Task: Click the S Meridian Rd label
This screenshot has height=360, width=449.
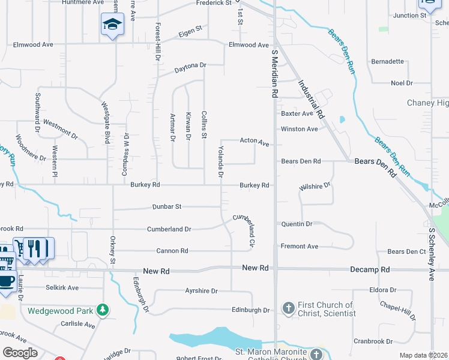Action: coord(274,74)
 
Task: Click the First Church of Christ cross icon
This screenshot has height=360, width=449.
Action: coord(288,308)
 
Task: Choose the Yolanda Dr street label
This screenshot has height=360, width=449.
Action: coord(221,162)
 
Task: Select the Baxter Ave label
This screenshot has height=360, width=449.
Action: coord(297,113)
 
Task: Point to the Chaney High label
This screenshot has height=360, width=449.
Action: coord(428,103)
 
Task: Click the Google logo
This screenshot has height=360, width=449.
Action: coord(20,353)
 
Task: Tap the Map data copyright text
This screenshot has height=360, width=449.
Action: coord(423,355)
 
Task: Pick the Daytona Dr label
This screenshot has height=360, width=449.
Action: coord(190,65)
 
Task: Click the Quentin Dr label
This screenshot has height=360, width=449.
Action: coord(297,224)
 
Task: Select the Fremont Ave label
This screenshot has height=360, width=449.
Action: coord(300,246)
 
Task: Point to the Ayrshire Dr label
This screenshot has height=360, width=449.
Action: coord(201,290)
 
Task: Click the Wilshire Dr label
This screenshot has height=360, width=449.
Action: coord(315,187)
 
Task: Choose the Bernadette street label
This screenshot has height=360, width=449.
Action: coord(387,61)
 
